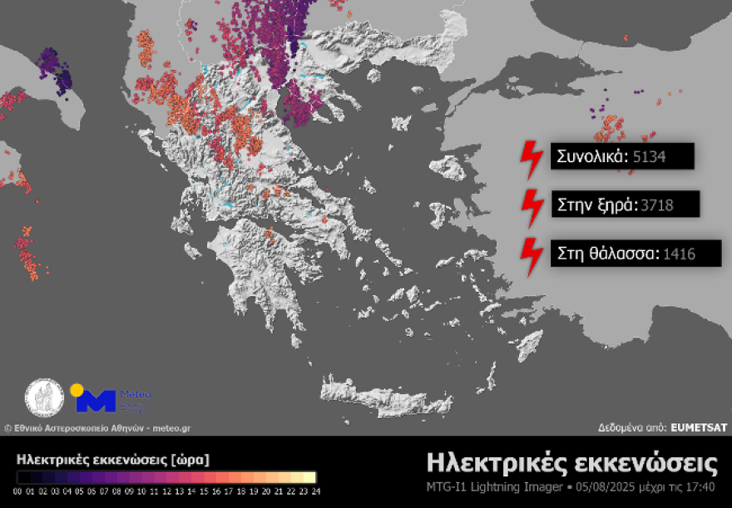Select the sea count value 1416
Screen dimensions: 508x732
tap(679, 254)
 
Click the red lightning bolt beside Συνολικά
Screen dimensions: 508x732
tap(530, 156)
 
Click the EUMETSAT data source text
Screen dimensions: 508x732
tap(700, 427)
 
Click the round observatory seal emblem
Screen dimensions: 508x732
tap(44, 399)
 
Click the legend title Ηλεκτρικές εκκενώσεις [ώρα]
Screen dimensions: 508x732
tap(113, 459)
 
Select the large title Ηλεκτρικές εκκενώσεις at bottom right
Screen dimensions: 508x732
tap(571, 462)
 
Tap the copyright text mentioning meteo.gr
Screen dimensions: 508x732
tap(97, 427)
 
